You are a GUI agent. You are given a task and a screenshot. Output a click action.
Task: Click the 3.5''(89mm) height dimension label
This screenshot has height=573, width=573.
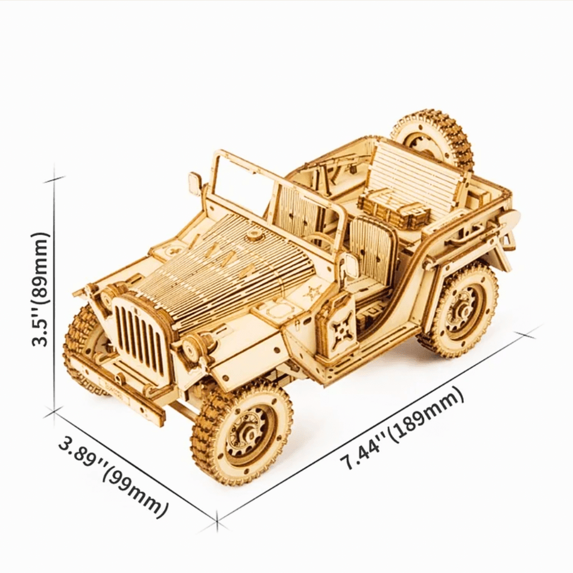tap(39, 289)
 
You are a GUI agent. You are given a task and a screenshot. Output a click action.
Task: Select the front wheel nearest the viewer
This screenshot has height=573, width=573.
tap(242, 431)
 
